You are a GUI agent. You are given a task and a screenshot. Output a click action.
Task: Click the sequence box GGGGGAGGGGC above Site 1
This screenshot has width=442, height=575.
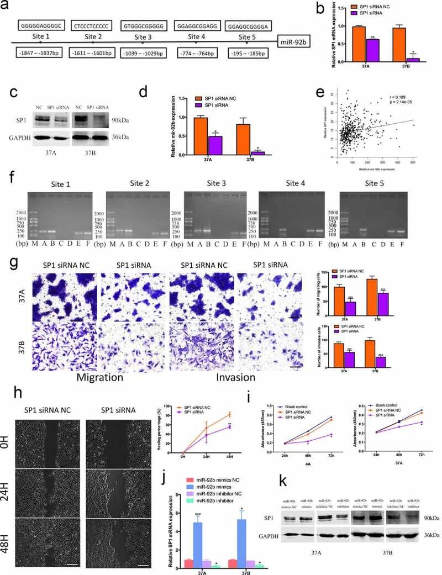pyautogui.click(x=41, y=26)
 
